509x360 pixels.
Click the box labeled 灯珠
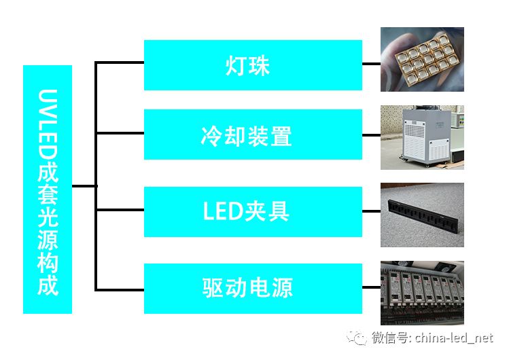pos(253,65)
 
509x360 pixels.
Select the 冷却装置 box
pos(253,134)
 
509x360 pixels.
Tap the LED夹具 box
pos(253,212)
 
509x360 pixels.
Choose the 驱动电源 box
pos(253,288)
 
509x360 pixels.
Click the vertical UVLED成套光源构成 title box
pos(48,190)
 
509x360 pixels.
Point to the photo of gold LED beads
pos(422,59)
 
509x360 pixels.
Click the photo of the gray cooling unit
pos(422,137)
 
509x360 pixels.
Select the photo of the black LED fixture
pos(422,215)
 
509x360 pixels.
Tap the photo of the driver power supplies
pos(422,293)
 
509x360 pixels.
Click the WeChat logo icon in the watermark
pos(357,338)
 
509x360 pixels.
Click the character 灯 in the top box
pos(235,66)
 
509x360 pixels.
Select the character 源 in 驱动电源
pos(282,288)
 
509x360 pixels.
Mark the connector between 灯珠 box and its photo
pos(371,64)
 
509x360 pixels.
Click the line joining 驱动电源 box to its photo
pos(371,287)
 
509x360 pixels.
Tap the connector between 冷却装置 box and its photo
pos(371,135)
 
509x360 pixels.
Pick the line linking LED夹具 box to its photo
pos(371,211)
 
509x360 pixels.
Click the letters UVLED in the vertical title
pos(48,125)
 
